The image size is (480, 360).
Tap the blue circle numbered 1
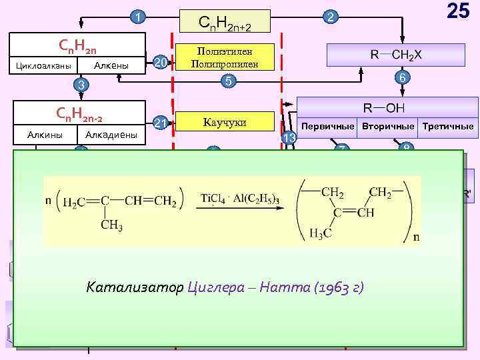pyautogui.click(x=137, y=17)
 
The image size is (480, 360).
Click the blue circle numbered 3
pyautogui.click(x=81, y=85)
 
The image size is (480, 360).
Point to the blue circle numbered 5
pyautogui.click(x=228, y=81)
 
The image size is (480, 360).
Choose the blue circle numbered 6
pyautogui.click(x=401, y=78)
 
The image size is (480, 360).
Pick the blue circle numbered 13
pyautogui.click(x=289, y=137)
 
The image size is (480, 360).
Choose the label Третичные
pyautogui.click(x=451, y=126)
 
